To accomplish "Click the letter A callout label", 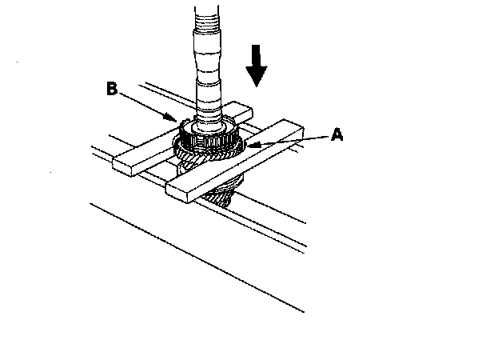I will click(x=337, y=136).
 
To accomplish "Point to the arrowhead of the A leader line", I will click(x=250, y=146).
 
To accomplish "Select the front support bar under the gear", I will click(x=240, y=160).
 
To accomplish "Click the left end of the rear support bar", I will click(x=121, y=164).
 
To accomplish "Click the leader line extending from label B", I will click(x=148, y=104).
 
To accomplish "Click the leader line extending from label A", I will click(x=292, y=142).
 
